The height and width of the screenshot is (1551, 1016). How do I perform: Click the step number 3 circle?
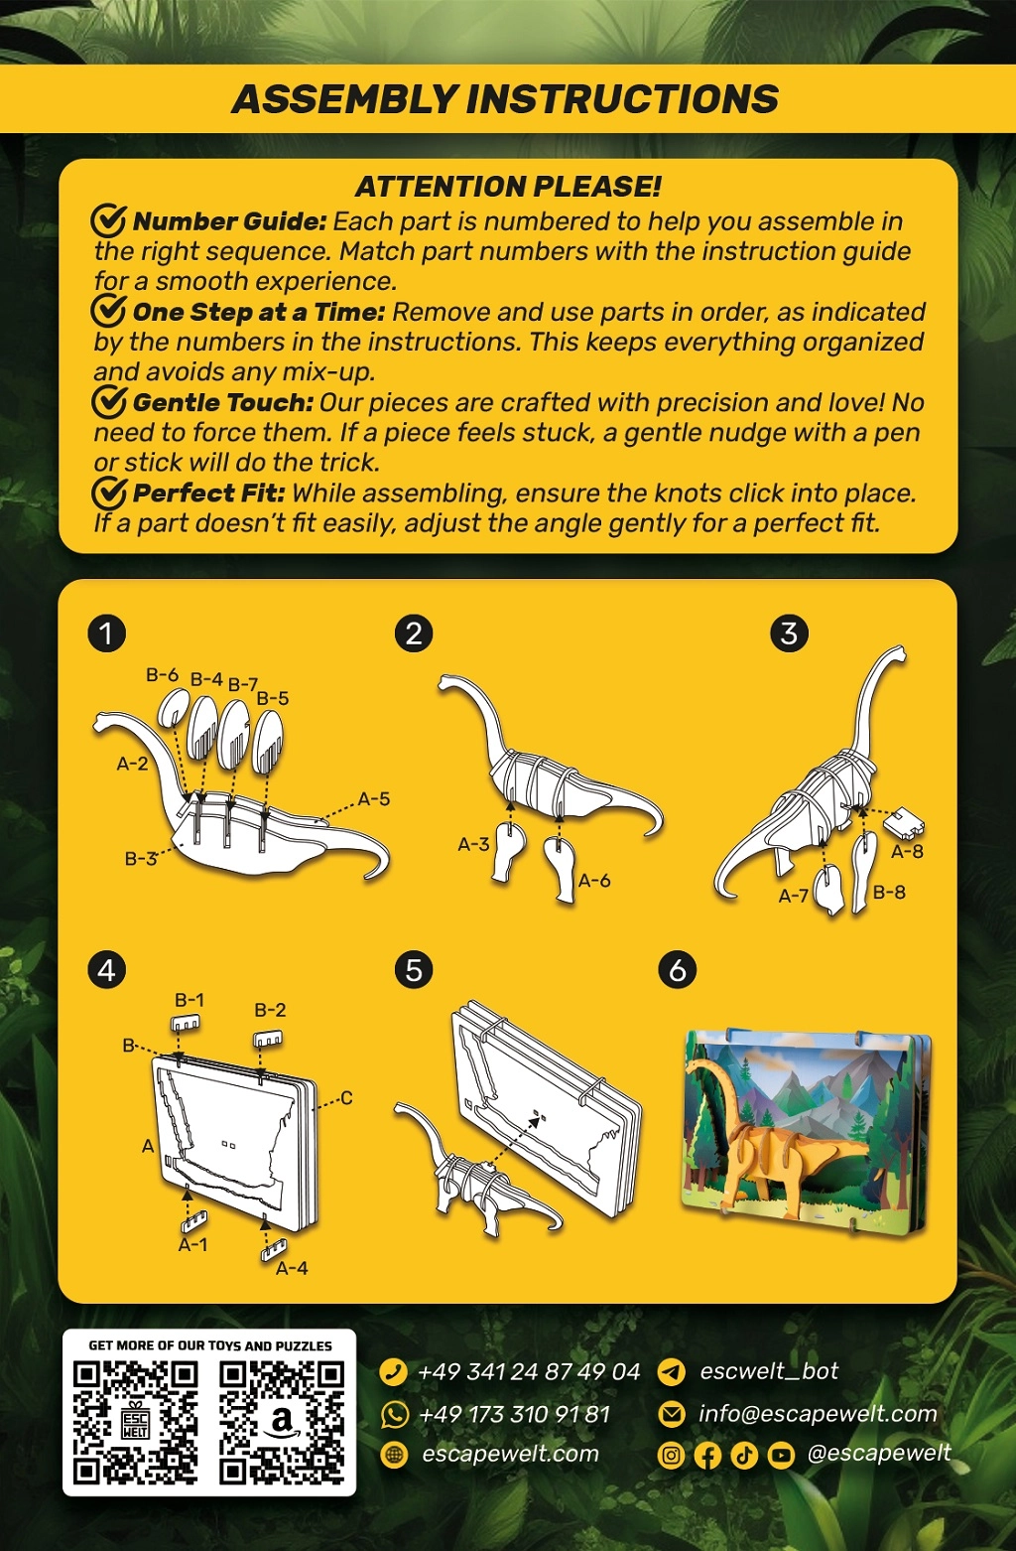click(x=789, y=634)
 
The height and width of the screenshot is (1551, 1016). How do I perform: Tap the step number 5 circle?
click(x=414, y=970)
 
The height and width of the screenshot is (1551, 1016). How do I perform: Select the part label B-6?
click(x=162, y=674)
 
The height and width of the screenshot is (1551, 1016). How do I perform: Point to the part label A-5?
click(x=374, y=799)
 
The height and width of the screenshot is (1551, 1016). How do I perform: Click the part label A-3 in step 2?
click(x=473, y=844)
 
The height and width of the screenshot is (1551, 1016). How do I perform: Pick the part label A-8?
click(x=907, y=851)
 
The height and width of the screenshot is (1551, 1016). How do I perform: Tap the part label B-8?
click(x=889, y=892)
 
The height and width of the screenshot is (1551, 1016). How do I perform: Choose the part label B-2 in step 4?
click(x=270, y=1010)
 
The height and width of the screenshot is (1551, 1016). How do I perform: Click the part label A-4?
click(x=292, y=1268)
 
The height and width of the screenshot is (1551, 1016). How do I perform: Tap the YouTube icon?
click(x=781, y=1456)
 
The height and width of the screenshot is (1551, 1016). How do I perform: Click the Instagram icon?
click(x=671, y=1456)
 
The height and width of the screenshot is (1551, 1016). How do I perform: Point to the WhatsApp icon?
click(x=394, y=1415)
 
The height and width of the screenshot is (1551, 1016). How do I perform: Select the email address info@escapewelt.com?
click(x=819, y=1414)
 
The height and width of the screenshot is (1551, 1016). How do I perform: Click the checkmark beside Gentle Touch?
click(x=109, y=402)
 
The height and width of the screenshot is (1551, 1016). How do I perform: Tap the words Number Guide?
click(x=229, y=221)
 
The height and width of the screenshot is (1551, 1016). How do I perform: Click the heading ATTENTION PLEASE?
click(x=509, y=187)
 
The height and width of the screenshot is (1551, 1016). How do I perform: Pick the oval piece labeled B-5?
click(x=267, y=743)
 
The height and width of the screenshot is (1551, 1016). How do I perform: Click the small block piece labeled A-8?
click(x=904, y=822)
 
